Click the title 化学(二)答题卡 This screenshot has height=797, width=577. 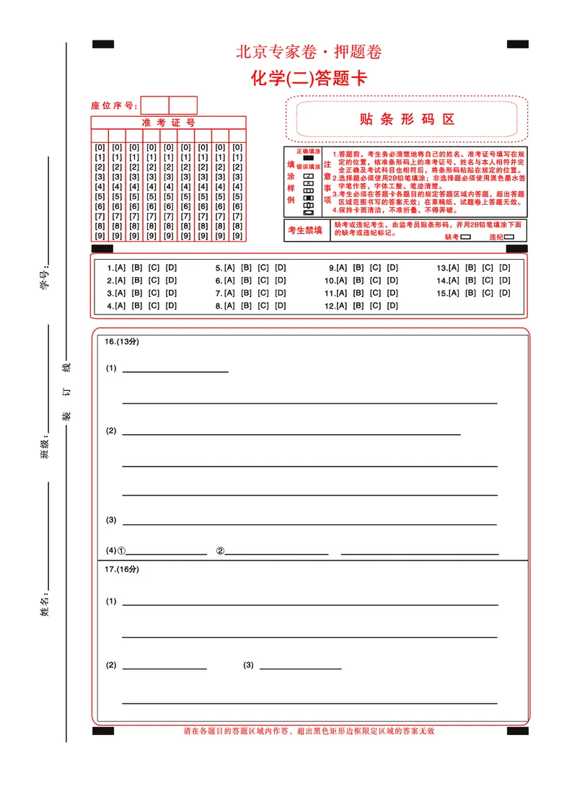click(309, 78)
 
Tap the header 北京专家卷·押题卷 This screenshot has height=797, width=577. click(309, 52)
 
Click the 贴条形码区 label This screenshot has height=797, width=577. click(408, 120)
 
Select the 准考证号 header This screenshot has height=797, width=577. click(168, 123)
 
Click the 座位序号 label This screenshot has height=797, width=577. click(113, 105)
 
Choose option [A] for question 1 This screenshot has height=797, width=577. click(120, 268)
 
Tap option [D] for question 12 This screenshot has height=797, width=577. click(392, 306)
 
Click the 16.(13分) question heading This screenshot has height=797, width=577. click(121, 341)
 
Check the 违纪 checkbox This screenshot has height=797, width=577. click(509, 236)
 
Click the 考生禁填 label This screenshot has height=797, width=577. click(305, 230)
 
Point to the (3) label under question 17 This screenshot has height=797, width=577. click(248, 665)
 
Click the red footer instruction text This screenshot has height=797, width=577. click(309, 731)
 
